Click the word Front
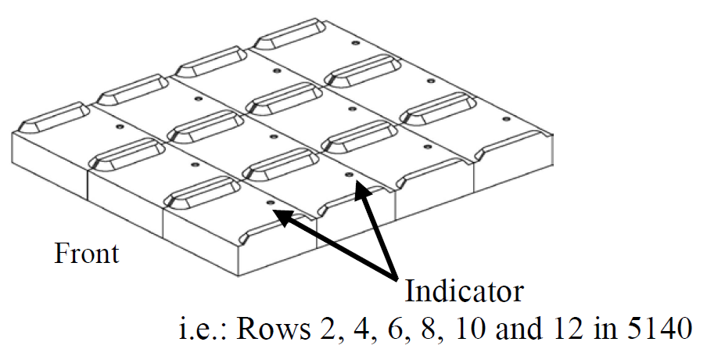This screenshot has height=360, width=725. pos(86,254)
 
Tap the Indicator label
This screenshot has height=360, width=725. pos(464,292)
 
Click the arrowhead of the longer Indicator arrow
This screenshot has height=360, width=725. pos(282,215)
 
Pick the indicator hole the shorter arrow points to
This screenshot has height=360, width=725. pos(349,176)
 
